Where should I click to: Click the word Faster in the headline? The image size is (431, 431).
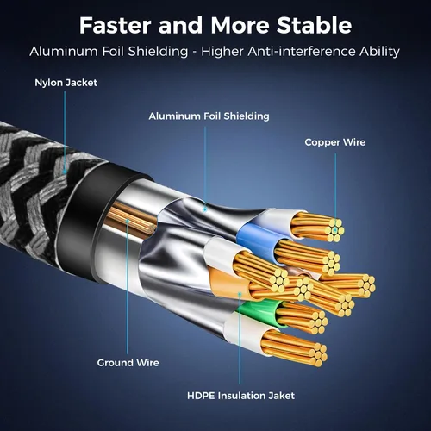click(115, 25)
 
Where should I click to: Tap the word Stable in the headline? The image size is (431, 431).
click(314, 25)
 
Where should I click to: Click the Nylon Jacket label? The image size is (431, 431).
click(66, 83)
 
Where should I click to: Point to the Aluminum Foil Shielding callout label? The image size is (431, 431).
click(209, 116)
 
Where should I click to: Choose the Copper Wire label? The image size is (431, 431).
click(335, 142)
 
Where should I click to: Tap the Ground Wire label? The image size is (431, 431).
click(128, 363)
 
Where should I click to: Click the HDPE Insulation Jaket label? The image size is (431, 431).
click(240, 396)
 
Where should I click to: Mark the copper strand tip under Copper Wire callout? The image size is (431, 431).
click(335, 230)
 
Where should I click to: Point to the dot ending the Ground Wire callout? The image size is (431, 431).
click(128, 221)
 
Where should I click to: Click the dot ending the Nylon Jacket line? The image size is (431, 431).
click(65, 172)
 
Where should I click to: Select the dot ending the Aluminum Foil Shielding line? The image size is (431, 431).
click(205, 209)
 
